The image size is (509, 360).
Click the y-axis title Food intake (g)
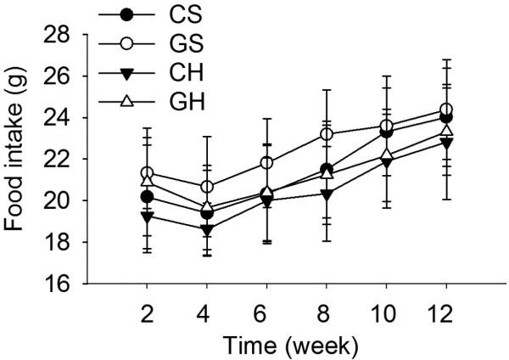[18, 159]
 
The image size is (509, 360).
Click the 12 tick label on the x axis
[445, 311]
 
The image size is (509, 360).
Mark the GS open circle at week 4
[206, 187]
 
